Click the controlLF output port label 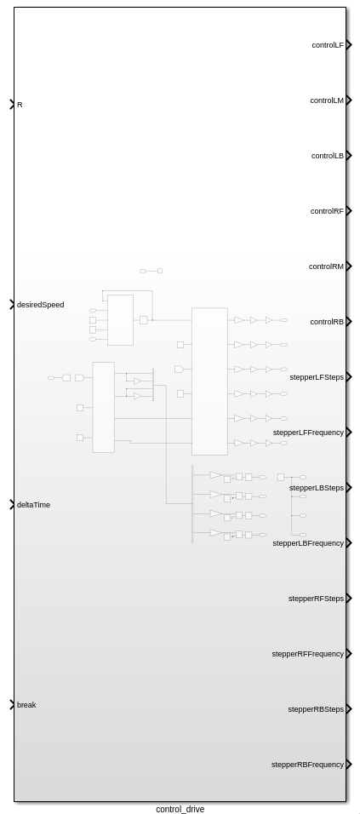pyautogui.click(x=328, y=45)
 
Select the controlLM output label pyautogui.click(x=327, y=100)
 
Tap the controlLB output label pyautogui.click(x=328, y=156)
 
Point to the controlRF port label pyautogui.click(x=327, y=211)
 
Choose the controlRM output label pyautogui.click(x=326, y=267)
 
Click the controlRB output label pyautogui.click(x=327, y=322)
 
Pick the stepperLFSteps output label pyautogui.click(x=317, y=377)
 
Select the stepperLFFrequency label pyautogui.click(x=308, y=433)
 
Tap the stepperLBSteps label pyautogui.click(x=317, y=488)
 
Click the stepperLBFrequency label pyautogui.click(x=308, y=543)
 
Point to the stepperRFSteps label pyautogui.click(x=316, y=599)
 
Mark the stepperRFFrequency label pyautogui.click(x=307, y=654)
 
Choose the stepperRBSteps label pyautogui.click(x=316, y=709)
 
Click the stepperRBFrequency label pyautogui.click(x=307, y=765)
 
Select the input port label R pyautogui.click(x=20, y=105)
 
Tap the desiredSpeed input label pyautogui.click(x=41, y=305)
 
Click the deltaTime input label pyautogui.click(x=34, y=505)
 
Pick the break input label pyautogui.click(x=26, y=705)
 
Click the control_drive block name pyautogui.click(x=180, y=809)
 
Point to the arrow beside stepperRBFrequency pyautogui.click(x=349, y=764)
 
